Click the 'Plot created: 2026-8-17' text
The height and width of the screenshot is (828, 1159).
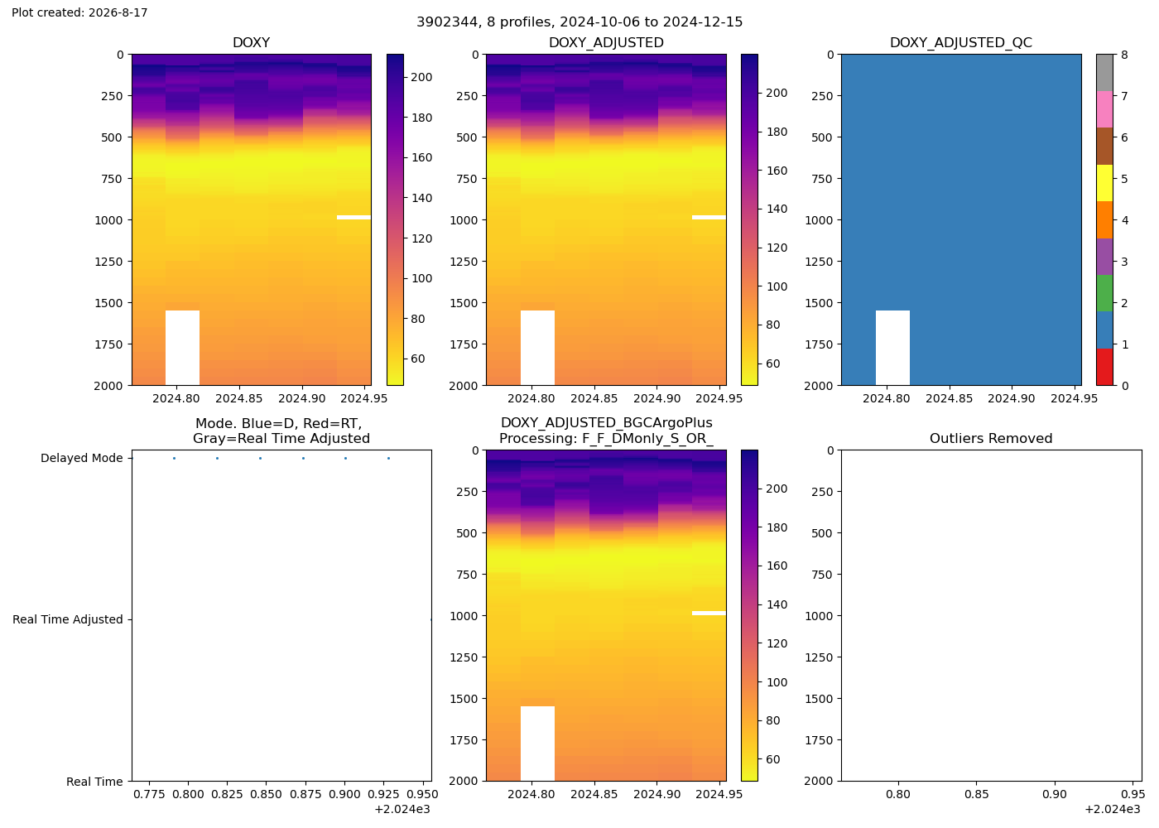point(79,12)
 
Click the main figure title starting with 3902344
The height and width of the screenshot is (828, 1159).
point(579,22)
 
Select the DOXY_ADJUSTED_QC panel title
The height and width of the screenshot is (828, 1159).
point(961,42)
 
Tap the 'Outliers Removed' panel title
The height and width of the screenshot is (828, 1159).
point(991,438)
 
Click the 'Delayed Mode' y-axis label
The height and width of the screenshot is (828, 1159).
point(82,458)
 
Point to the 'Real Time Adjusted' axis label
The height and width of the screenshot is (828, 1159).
point(68,619)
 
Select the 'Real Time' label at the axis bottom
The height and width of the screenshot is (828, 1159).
point(94,782)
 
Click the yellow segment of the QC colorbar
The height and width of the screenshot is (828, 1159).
point(1104,183)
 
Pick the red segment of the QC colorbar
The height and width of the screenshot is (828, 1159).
point(1104,367)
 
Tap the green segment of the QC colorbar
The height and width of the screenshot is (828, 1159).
point(1104,293)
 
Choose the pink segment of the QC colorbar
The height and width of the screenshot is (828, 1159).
point(1104,109)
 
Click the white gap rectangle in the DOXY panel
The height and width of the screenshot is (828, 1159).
point(182,348)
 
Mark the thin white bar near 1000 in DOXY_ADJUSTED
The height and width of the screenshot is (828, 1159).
point(709,217)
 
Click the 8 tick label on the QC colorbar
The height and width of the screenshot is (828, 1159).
point(1125,55)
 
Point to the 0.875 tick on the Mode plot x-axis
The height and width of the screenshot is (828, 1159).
point(305,794)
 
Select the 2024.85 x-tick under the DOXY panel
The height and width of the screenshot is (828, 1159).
point(239,398)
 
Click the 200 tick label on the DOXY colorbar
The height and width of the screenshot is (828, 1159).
point(421,77)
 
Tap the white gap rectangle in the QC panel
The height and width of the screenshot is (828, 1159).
point(892,348)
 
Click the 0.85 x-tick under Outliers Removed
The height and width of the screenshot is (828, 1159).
point(976,794)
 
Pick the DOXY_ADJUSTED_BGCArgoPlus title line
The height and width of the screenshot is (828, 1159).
point(606,423)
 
